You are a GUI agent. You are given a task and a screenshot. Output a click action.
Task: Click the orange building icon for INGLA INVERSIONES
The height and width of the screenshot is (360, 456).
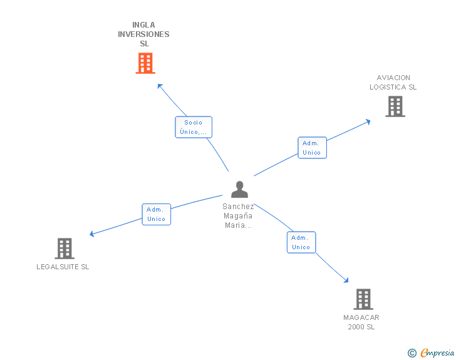(x=145, y=63)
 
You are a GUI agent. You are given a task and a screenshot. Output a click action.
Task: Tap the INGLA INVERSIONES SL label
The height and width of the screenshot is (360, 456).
(x=143, y=34)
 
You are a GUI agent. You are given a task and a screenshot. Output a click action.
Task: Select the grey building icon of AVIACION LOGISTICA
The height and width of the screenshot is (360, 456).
(x=395, y=106)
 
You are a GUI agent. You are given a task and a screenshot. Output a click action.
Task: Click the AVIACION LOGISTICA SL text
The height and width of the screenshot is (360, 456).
(x=393, y=82)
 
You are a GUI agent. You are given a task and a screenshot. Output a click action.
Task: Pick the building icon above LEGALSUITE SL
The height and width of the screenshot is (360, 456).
(x=65, y=249)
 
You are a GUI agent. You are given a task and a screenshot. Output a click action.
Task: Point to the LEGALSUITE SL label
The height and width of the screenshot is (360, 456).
(x=63, y=267)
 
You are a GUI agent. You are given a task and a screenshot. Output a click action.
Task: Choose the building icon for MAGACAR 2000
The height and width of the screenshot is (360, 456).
(x=363, y=299)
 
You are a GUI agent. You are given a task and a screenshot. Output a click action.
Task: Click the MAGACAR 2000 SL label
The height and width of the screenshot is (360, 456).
(x=361, y=322)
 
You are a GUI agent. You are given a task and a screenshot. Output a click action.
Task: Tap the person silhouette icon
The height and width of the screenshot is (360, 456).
(x=240, y=189)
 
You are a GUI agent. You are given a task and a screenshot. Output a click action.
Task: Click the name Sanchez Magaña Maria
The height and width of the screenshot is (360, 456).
(x=238, y=216)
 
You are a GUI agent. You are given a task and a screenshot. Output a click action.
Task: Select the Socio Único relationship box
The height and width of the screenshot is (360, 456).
(x=194, y=127)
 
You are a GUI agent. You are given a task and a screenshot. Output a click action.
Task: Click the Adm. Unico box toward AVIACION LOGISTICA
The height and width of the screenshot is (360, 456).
(x=313, y=148)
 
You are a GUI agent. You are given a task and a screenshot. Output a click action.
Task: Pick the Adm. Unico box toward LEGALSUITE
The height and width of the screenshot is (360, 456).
(x=157, y=214)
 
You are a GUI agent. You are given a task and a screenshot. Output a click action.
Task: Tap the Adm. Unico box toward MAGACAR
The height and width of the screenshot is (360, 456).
(x=301, y=242)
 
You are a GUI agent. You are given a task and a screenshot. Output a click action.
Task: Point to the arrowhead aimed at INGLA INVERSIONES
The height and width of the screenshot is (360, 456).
(x=160, y=86)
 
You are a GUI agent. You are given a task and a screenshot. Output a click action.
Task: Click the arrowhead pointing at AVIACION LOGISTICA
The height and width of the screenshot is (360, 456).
(x=368, y=122)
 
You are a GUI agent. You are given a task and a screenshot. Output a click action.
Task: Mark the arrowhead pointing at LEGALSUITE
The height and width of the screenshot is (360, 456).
(x=91, y=234)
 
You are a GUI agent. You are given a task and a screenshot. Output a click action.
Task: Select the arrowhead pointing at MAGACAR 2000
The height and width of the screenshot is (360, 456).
(x=346, y=280)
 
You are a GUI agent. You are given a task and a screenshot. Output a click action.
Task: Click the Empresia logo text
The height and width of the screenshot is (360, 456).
(x=437, y=352)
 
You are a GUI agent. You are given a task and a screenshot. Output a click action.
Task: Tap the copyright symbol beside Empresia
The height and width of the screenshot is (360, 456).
(x=412, y=353)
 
